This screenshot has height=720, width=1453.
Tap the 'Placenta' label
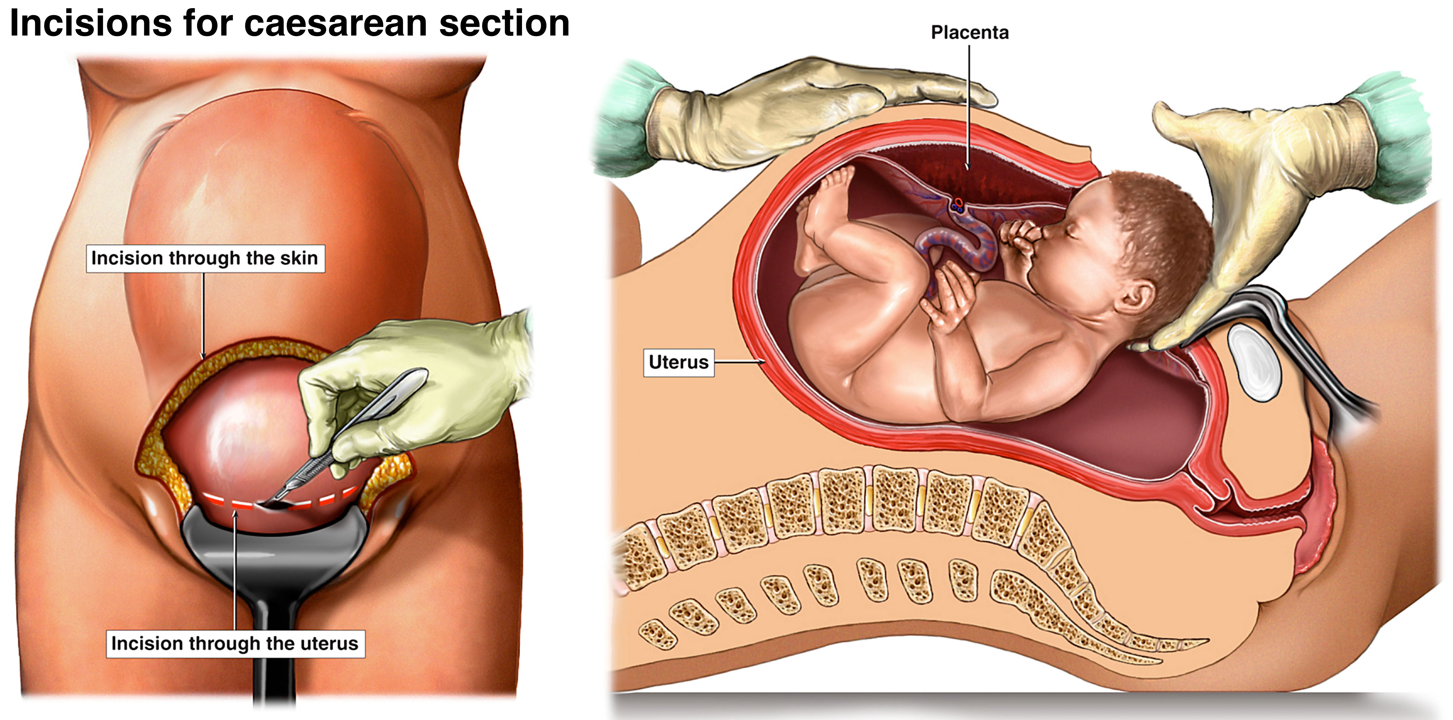[969, 33]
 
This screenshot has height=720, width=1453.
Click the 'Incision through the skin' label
[205, 259]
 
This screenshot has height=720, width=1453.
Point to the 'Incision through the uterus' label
[235, 644]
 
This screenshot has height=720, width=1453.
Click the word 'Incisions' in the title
[90, 24]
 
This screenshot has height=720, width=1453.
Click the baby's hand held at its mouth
[1021, 237]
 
